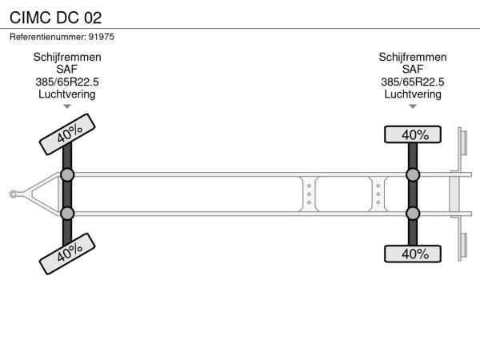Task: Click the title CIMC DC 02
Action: tap(55, 18)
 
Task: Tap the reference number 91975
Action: tap(102, 37)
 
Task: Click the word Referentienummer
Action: tap(47, 37)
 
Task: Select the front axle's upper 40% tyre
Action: tap(67, 134)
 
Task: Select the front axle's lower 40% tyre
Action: tap(67, 254)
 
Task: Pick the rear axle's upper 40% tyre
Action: tap(413, 134)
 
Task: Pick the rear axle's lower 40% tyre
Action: tap(413, 254)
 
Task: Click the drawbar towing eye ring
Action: tap(13, 194)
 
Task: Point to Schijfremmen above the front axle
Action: tap(67, 57)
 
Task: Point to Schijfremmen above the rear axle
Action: tap(413, 57)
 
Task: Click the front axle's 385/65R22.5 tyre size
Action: tap(67, 82)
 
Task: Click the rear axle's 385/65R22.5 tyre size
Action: tap(413, 82)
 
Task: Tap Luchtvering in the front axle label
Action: tap(67, 94)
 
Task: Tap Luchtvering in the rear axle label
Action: tap(413, 94)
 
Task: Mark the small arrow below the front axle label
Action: tap(67, 106)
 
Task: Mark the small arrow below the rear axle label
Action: tap(413, 106)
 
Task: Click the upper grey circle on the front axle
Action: tap(67, 175)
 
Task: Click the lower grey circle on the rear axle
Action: tap(413, 214)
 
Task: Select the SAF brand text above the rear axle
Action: tap(413, 70)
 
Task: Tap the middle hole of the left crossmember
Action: tap(309, 194)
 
